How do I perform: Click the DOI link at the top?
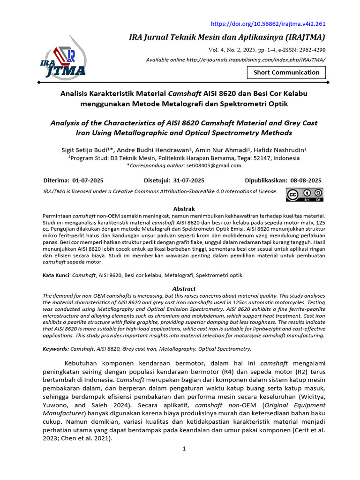point(268,24)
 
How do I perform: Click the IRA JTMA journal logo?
point(66,59)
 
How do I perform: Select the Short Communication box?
point(286,72)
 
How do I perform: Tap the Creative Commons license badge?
point(305,195)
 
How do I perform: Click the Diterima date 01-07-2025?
point(88,180)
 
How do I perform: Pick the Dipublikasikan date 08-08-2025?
point(306,180)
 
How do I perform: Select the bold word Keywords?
point(55,349)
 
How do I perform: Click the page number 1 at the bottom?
point(184,449)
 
